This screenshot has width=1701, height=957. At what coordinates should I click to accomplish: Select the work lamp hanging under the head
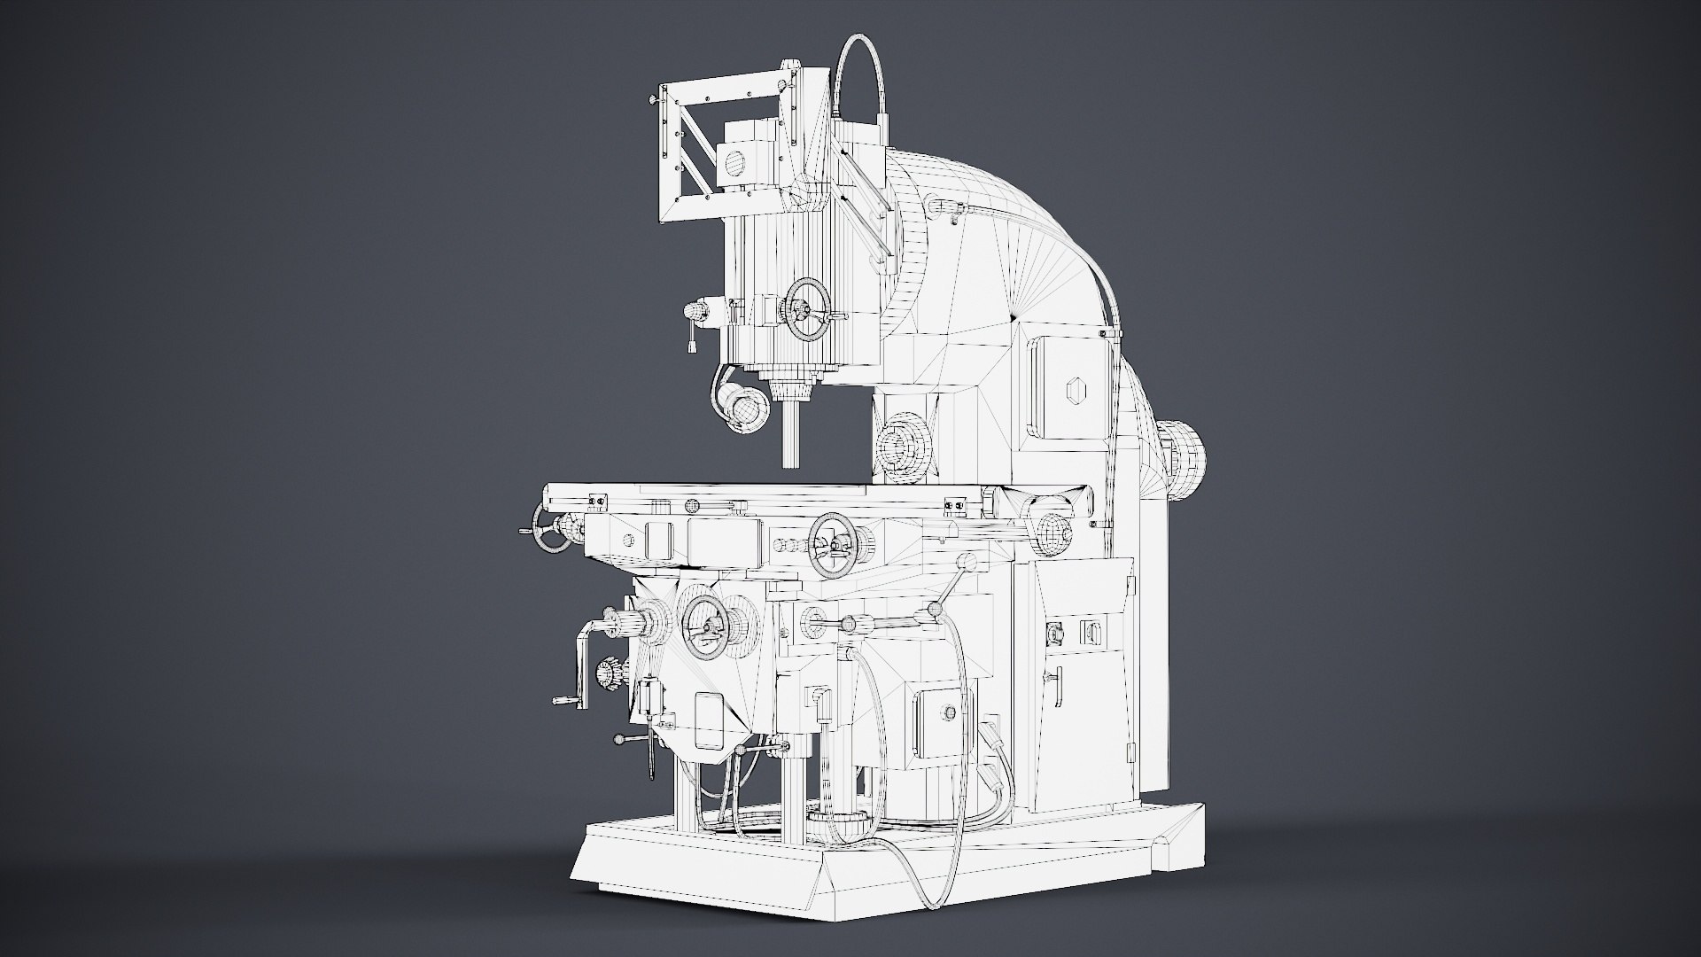[742, 408]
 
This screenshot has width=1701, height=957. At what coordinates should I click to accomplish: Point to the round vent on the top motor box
[734, 162]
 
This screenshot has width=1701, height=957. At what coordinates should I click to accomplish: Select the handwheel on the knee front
[706, 626]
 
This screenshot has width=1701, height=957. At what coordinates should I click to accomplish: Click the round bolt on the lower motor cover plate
[951, 712]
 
